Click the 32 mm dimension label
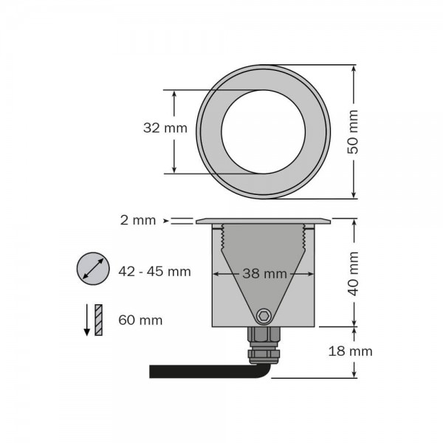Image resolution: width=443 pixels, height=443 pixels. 165,128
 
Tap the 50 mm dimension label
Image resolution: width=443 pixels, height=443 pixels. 354,131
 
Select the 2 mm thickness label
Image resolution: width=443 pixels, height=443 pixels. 137,220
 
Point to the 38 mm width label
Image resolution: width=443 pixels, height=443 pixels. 264,274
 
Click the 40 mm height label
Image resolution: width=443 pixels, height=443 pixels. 354,274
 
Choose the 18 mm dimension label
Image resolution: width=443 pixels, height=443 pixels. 350,351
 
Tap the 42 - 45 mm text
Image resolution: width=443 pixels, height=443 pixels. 154,272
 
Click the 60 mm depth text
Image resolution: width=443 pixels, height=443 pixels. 140,320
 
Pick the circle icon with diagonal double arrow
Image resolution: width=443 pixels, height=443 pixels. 92,269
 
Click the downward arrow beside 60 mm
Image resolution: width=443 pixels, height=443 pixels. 86,320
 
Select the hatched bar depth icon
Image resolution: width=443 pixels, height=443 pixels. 99,320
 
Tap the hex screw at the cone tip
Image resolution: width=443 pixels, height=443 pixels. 263,315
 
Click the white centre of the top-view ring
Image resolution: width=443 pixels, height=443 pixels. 263,131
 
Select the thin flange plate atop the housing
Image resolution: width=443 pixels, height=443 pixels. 263,220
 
